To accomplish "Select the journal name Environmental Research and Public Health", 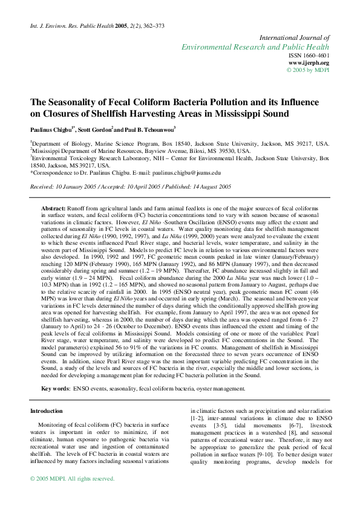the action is point(255,47).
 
